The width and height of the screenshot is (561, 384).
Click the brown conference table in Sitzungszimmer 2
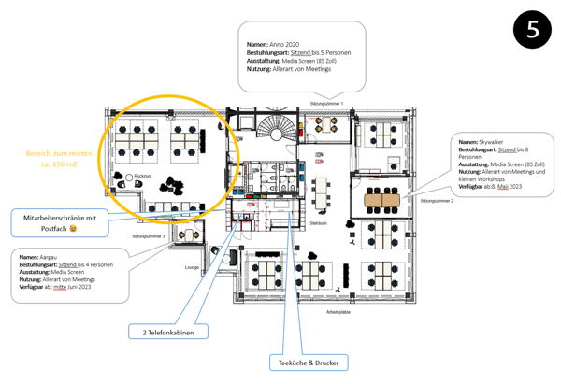(381, 199)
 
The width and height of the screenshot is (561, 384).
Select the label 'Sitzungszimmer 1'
(327, 103)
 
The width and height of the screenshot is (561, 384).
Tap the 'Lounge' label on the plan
(192, 267)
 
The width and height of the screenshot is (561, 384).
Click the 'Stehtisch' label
(318, 223)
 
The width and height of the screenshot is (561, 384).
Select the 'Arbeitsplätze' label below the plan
(338, 312)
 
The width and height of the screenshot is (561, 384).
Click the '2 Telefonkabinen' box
(168, 332)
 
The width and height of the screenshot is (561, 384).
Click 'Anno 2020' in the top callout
(284, 44)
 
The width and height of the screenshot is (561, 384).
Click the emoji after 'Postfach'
(73, 228)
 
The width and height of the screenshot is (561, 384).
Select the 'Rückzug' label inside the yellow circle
(143, 176)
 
